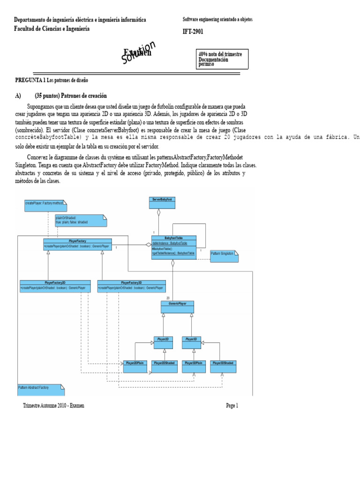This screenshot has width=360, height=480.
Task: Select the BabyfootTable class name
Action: pyautogui.click(x=174, y=238)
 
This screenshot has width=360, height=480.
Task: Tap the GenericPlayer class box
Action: pyautogui.click(x=177, y=307)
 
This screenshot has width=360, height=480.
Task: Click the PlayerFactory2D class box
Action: pyautogui.click(x=55, y=285)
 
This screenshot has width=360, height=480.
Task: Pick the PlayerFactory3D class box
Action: pyautogui.click(x=131, y=285)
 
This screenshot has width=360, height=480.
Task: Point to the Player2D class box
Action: pyautogui.click(x=165, y=342)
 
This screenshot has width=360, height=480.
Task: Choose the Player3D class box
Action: pyautogui.click(x=192, y=342)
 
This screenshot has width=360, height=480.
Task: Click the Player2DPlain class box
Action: pyautogui.click(x=135, y=366)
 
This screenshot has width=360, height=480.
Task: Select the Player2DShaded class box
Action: pyautogui.click(x=164, y=366)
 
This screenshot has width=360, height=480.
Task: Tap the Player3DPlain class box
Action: pyautogui.click(x=194, y=366)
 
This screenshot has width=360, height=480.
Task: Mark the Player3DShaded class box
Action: pyautogui.click(x=223, y=366)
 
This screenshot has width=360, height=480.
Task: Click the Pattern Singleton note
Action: pyautogui.click(x=224, y=256)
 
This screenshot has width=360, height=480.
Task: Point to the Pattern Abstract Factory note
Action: pyautogui.click(x=40, y=390)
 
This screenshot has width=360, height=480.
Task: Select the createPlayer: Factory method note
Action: pyautogui.click(x=45, y=204)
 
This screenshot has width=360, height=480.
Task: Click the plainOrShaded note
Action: pyautogui.click(x=80, y=220)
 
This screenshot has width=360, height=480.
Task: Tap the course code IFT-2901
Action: pyautogui.click(x=193, y=32)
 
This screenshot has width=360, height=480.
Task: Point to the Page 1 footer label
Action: pyautogui.click(x=232, y=406)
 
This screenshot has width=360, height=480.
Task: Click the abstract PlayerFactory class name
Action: pyautogui.click(x=77, y=240)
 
